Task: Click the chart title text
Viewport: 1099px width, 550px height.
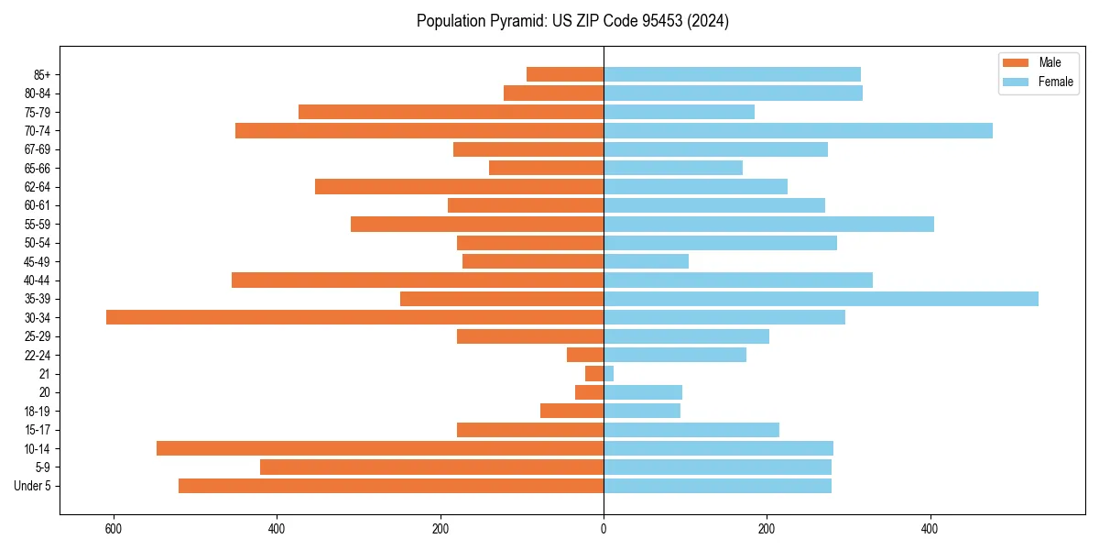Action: (572, 21)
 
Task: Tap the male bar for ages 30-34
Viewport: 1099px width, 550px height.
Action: (354, 317)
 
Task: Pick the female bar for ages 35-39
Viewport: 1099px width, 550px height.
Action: (821, 299)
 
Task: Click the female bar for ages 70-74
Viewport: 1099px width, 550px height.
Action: (798, 130)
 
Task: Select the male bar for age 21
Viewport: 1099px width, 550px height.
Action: (594, 374)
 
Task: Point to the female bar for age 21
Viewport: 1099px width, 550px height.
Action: (608, 374)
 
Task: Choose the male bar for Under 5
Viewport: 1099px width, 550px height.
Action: (391, 486)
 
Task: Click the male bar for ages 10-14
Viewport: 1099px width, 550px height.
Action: (380, 448)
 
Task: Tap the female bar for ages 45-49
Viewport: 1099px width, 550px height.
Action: (646, 261)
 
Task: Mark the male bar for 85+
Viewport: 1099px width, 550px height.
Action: (565, 74)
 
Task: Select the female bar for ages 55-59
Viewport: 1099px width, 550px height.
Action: (768, 224)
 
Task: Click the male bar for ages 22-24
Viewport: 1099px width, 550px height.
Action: (585, 355)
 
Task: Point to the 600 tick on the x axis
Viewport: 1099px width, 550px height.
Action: (114, 529)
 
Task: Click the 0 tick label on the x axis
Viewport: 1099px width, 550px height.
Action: (604, 529)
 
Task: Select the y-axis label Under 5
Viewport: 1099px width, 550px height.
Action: (32, 486)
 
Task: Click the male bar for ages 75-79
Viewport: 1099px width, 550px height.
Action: (451, 112)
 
